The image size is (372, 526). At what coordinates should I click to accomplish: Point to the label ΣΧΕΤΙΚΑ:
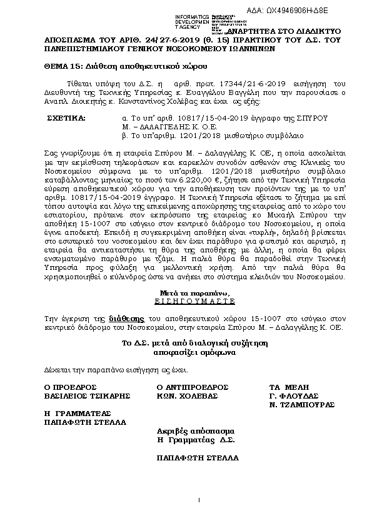[x=69, y=117]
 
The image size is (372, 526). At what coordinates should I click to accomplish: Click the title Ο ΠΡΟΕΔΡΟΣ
[x=69, y=387]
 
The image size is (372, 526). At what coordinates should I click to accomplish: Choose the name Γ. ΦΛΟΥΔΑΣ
[x=294, y=395]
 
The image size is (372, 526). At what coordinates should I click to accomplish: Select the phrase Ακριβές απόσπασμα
[x=195, y=431]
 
